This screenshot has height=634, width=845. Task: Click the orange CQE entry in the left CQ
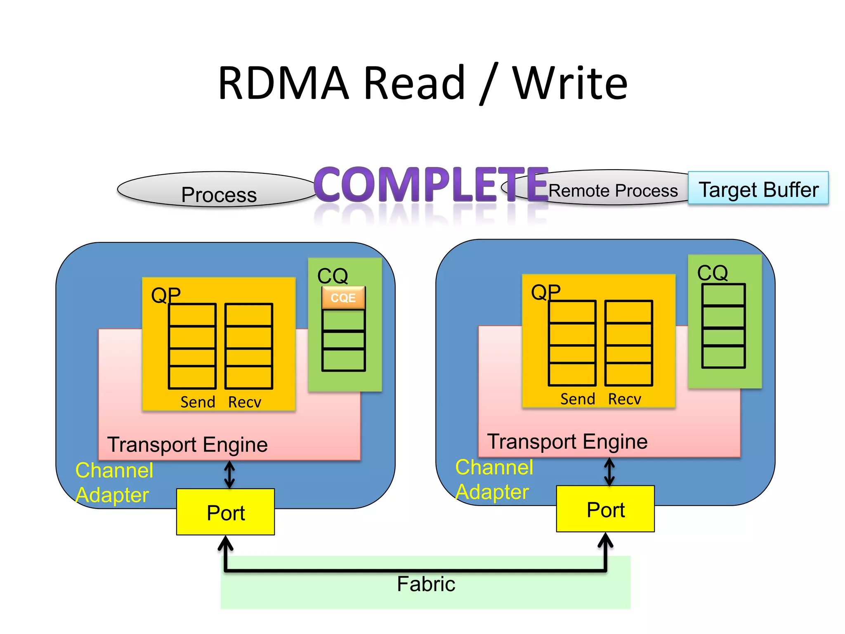[343, 298]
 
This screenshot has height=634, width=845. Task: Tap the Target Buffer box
[758, 189]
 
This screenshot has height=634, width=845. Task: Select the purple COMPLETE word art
[431, 184]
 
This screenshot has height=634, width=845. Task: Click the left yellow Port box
[226, 512]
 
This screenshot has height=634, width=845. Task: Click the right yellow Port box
[605, 509]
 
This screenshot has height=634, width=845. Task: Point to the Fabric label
[426, 584]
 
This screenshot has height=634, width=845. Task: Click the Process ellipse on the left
[219, 193]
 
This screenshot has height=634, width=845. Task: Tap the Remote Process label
[613, 191]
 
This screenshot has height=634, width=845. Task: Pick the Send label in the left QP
[198, 402]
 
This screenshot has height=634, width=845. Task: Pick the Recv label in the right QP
[624, 399]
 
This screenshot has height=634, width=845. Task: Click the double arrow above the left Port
[229, 475]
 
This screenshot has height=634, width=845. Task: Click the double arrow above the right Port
[609, 472]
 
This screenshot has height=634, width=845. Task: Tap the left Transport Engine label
[187, 445]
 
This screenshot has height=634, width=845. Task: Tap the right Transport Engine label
[567, 441]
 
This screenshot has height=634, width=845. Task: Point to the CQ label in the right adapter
[712, 272]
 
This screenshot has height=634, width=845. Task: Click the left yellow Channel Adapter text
[114, 483]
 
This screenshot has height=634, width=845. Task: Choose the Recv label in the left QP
[245, 402]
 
